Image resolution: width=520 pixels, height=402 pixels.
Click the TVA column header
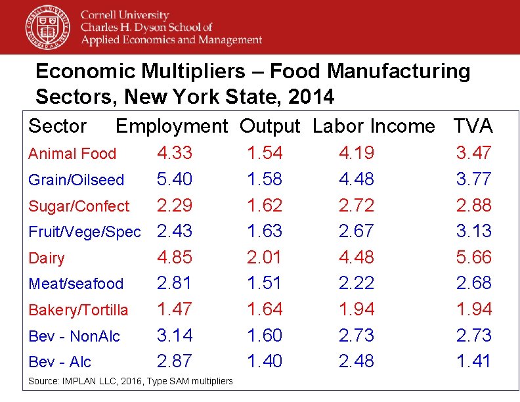[x=473, y=126]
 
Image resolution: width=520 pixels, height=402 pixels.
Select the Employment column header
[x=171, y=126]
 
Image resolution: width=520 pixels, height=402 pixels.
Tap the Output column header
[x=269, y=126]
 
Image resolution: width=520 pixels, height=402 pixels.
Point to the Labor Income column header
[x=374, y=126]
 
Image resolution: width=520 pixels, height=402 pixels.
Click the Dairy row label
[x=47, y=258]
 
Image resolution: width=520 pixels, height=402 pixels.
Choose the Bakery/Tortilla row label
[x=78, y=310]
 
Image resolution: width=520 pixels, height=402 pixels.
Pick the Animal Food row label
[x=72, y=154]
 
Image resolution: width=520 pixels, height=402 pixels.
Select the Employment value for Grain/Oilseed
[x=175, y=179]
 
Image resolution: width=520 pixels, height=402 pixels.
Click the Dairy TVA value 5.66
[x=473, y=257]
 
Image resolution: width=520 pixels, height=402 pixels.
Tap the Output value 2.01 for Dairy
[x=265, y=257]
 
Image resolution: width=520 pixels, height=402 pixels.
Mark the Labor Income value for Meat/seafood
[x=357, y=283]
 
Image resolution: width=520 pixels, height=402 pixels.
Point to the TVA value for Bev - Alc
[x=473, y=361]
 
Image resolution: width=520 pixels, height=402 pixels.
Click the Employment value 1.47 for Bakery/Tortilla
[x=175, y=309]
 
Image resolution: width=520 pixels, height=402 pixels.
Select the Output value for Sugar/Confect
[x=265, y=205]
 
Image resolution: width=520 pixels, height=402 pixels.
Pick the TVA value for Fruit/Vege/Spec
[x=473, y=231]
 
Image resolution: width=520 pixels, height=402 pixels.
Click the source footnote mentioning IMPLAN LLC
[x=130, y=381]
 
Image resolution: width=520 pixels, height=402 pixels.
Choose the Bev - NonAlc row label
[x=74, y=336]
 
